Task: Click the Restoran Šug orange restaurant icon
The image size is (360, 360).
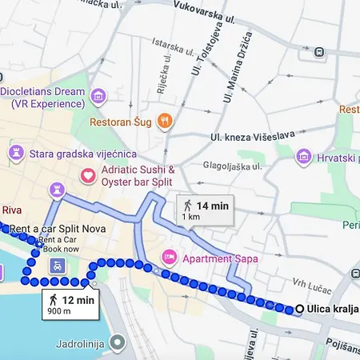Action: (165, 121)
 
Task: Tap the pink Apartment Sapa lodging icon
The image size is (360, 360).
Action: (169, 258)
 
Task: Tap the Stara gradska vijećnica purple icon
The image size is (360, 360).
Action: (15, 152)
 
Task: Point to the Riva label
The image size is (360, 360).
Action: (11, 211)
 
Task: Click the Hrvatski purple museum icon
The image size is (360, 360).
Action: (304, 154)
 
